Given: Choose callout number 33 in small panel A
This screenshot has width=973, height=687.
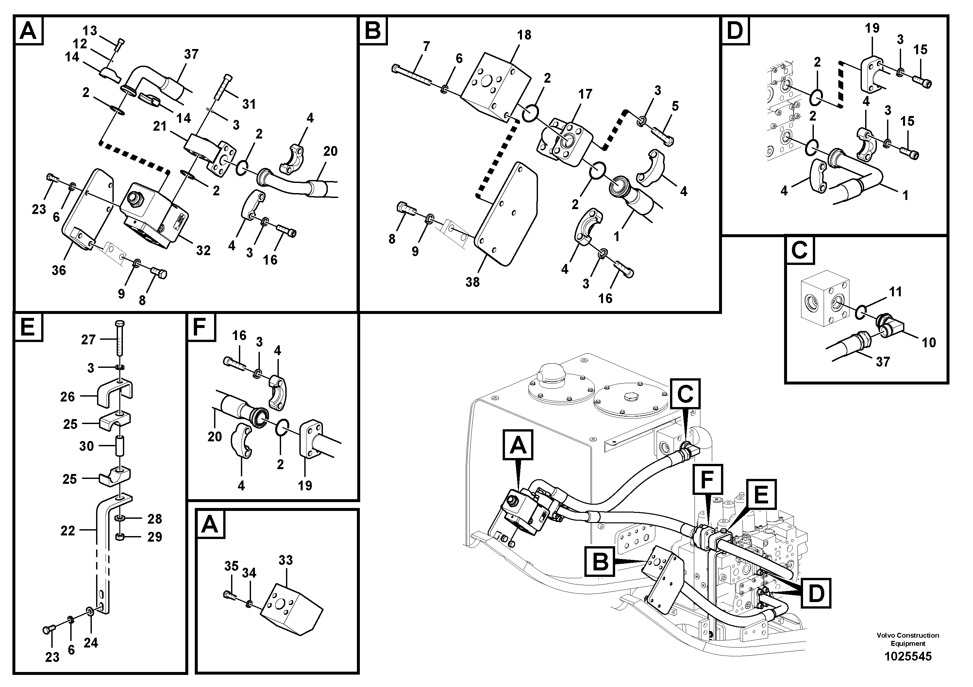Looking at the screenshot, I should (x=285, y=560).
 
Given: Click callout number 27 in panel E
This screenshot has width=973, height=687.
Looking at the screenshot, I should (x=88, y=339).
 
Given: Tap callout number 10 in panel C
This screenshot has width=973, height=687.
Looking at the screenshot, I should (x=929, y=342).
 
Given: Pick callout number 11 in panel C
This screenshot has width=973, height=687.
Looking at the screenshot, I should (x=895, y=291).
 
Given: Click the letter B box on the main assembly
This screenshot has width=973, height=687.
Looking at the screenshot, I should (x=600, y=562).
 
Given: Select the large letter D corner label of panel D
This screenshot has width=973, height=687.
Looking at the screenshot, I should (x=735, y=30).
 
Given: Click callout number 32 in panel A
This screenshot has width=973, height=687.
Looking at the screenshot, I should (x=203, y=250).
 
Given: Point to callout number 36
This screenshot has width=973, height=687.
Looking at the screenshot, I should (x=59, y=270).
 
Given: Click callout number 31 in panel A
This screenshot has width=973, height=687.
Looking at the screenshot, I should (x=249, y=104).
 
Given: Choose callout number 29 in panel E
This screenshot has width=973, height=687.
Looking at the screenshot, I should (x=154, y=537).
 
